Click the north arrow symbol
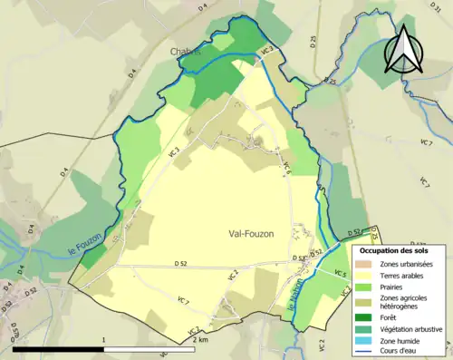pyautogui.click(x=403, y=48)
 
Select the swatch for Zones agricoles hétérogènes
pyautogui.click(x=366, y=304)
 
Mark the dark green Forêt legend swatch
pyautogui.click(x=366, y=317)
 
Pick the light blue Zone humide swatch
pyautogui.click(x=366, y=342)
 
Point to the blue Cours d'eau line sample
pyautogui.click(x=366, y=354)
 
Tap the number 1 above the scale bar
pyautogui.click(x=105, y=339)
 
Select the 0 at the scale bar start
pyautogui.click(x=13, y=339)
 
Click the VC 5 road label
pyautogui.click(x=340, y=274)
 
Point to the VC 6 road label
pyautogui.click(x=284, y=166)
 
